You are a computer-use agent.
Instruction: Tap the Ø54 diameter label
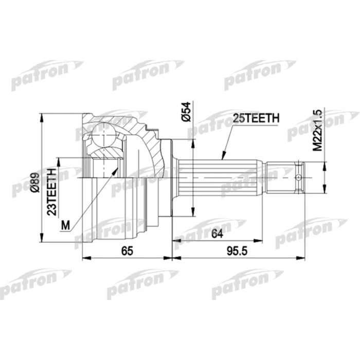click(x=187, y=112)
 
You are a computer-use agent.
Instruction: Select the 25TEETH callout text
click(x=256, y=118)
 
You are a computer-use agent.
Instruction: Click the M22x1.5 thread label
click(x=317, y=130)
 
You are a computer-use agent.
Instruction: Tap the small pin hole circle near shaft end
click(x=298, y=177)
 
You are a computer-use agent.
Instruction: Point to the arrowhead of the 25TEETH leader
click(x=222, y=156)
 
